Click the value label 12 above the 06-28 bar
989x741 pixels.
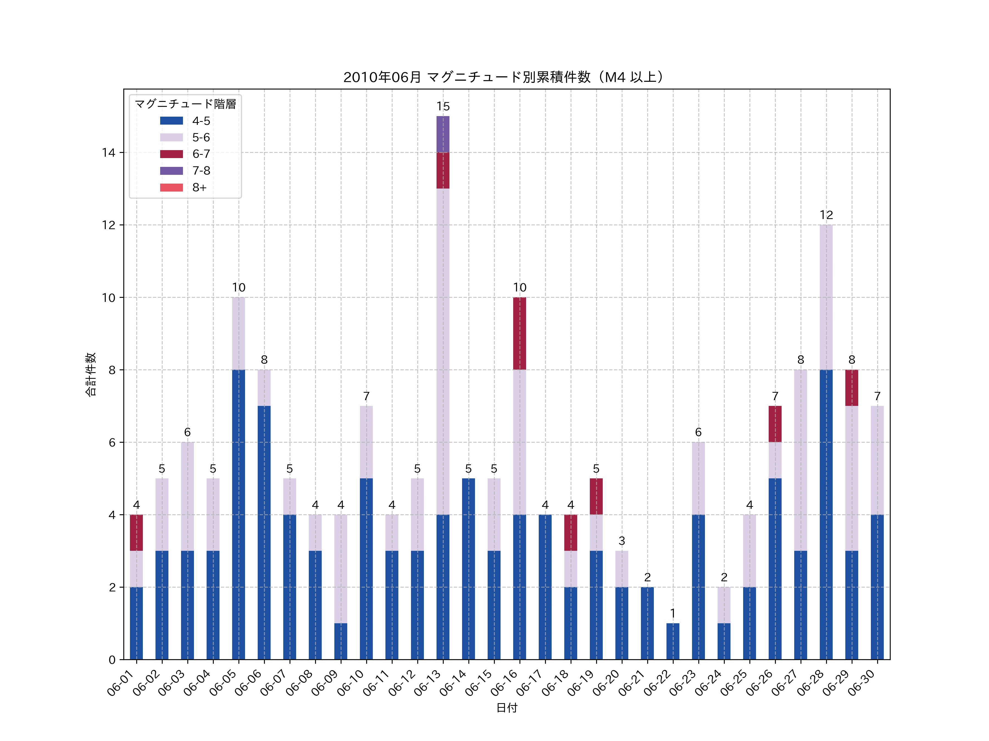tap(826, 215)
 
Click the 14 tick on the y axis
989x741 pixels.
tap(109, 153)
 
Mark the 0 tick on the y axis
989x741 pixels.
tap(112, 660)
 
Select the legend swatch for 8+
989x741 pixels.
tap(171, 188)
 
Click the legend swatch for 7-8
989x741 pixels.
tap(171, 171)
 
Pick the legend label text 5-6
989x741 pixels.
tap(201, 137)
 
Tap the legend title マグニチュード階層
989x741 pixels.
tap(185, 104)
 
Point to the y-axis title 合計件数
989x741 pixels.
tap(90, 374)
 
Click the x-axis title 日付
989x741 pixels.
tap(507, 708)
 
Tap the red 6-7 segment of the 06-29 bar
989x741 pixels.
tap(852, 388)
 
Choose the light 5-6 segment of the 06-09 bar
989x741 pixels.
tap(341, 569)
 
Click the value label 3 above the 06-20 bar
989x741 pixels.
tap(621, 541)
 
